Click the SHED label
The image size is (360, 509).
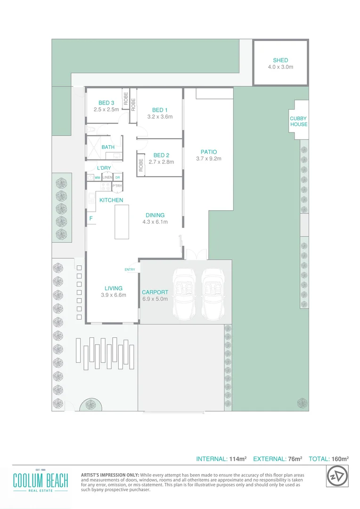[x=280, y=60]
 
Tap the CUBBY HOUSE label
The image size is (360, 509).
[x=299, y=122]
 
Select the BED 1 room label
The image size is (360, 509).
[x=160, y=110]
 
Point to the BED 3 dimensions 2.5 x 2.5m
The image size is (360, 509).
[x=106, y=109]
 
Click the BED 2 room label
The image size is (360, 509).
[x=161, y=155]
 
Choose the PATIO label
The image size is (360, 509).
[x=208, y=152]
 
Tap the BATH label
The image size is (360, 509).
[x=108, y=147]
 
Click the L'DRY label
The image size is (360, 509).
[x=104, y=168]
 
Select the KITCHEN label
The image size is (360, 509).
[x=111, y=200]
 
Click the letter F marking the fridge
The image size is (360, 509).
[x=91, y=219]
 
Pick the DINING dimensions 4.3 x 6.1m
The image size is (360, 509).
[x=155, y=222]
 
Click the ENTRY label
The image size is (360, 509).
[x=130, y=270]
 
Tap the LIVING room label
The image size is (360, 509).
[x=114, y=288]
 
